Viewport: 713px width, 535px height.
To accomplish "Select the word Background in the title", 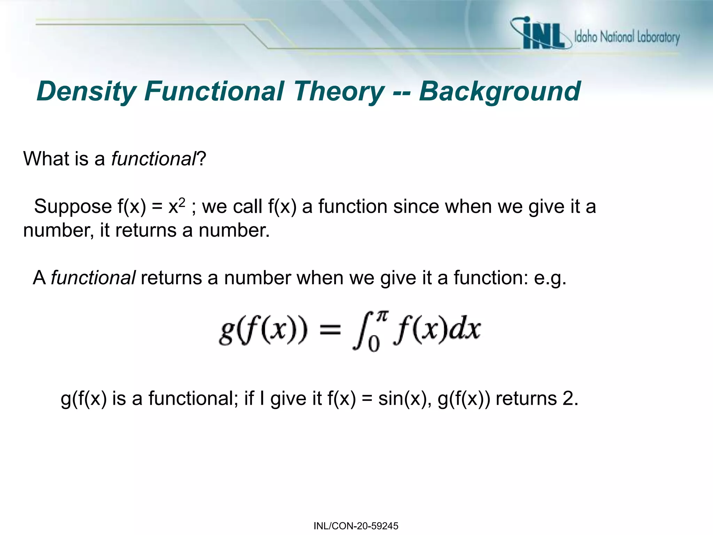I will click(499, 91).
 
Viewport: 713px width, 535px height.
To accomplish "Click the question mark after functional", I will click(202, 159).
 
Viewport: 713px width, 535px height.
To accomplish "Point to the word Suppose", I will click(73, 207).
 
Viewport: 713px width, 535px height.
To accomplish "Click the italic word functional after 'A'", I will click(93, 278).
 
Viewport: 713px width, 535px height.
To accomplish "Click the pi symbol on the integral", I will click(382, 317).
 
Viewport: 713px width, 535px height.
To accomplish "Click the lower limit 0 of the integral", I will click(373, 344).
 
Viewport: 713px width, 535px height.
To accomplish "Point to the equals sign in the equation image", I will click(330, 329).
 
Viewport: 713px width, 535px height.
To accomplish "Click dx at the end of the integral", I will click(465, 329).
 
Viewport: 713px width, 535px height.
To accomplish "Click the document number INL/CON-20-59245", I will click(356, 526).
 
